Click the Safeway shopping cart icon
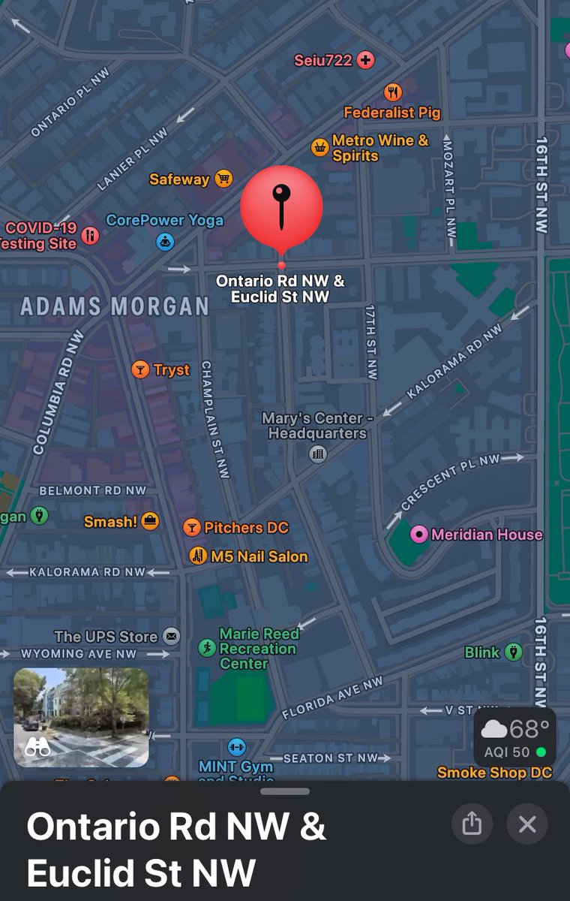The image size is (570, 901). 223,179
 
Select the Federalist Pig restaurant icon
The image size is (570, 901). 393,92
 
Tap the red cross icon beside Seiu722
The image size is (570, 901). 365,60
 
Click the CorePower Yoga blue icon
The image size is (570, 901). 165,241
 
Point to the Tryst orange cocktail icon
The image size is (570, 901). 140,369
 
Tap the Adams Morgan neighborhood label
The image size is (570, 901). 114,306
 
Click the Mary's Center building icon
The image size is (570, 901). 318,454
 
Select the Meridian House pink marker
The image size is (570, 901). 419,535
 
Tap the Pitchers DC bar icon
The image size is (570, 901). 192,528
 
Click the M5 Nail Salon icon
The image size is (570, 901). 198,556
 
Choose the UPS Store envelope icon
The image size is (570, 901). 172,637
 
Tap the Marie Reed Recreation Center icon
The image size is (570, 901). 207,648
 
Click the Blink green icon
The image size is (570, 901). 513,652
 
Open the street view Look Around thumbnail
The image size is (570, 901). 81,717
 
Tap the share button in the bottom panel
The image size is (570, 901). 472,824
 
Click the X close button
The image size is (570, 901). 527,824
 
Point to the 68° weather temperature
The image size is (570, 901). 528,729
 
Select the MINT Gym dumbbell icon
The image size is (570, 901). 236,747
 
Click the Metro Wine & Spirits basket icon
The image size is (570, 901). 320,147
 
